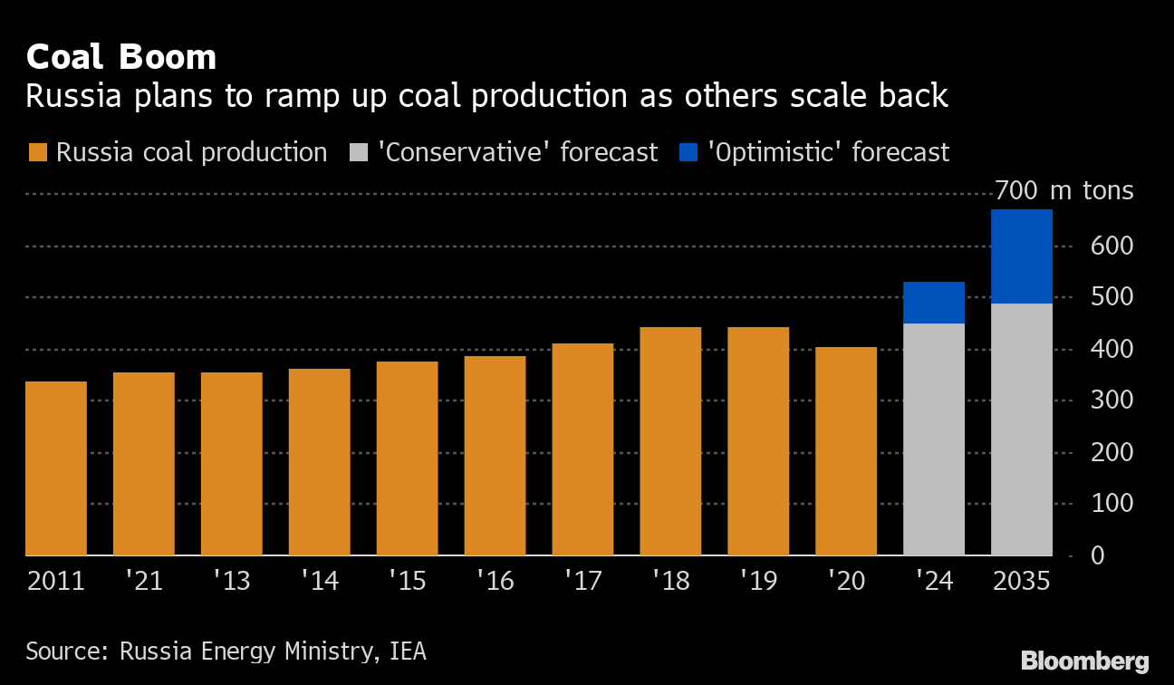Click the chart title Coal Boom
click(120, 57)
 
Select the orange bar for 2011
click(56, 468)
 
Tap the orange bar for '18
click(670, 441)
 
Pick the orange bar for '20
click(846, 451)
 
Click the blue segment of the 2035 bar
click(1022, 256)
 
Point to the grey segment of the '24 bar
click(934, 439)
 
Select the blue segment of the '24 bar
click(934, 303)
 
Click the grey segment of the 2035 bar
click(1022, 429)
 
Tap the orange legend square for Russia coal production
click(37, 152)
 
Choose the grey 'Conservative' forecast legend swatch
click(358, 152)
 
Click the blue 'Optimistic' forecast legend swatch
click(687, 152)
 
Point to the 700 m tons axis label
click(1063, 191)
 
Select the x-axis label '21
click(144, 580)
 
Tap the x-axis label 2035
click(1022, 580)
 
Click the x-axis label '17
click(582, 580)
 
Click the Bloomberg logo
click(1084, 661)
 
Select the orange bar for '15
click(407, 458)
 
